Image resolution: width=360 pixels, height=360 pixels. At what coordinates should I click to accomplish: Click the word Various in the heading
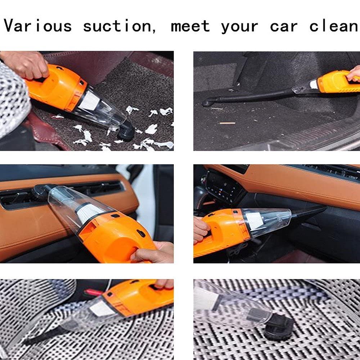tap(37, 26)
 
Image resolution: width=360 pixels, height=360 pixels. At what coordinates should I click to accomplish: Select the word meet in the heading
tap(190, 26)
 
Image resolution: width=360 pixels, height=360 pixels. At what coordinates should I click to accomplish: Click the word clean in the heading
tap(334, 26)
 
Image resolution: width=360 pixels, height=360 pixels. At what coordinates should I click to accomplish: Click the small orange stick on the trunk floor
tap(228, 123)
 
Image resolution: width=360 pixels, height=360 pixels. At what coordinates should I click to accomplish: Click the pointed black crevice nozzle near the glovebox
tap(308, 213)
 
